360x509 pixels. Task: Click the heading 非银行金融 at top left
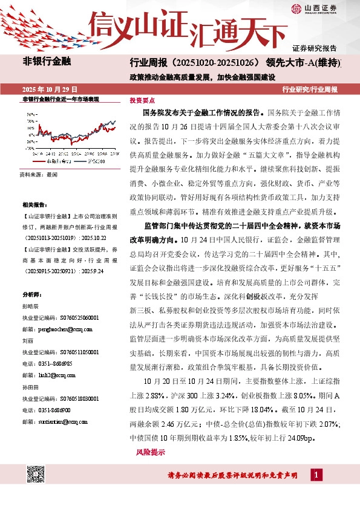[47, 62]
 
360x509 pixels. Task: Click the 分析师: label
[31, 294]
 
